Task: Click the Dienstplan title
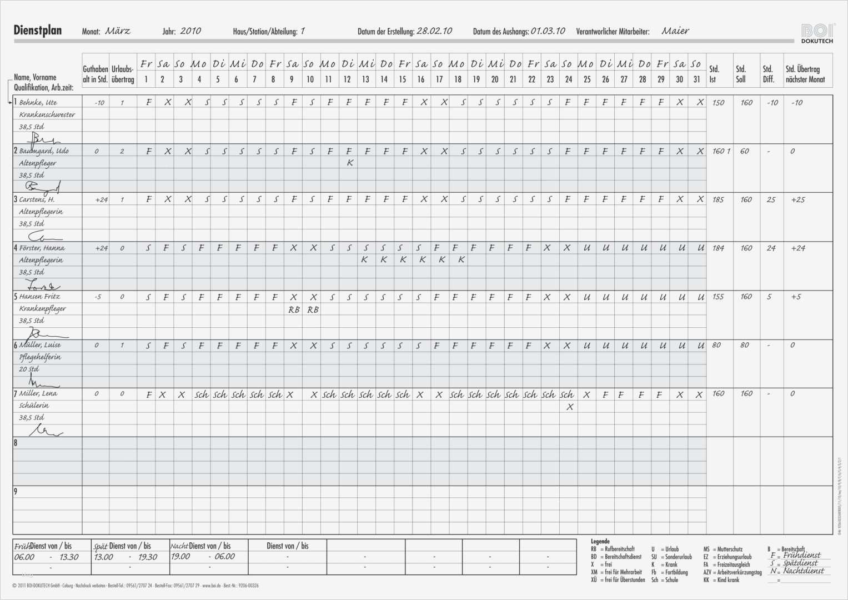37,31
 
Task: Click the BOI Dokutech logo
817,33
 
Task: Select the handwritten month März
118,31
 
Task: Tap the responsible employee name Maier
675,31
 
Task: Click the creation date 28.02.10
434,31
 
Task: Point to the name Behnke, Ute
38,102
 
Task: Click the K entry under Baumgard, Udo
349,163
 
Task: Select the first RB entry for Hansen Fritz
294,309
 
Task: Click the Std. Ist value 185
718,199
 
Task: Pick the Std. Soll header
741,74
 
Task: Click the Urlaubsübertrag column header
123,74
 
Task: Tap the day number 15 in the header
402,79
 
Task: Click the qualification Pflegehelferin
40,357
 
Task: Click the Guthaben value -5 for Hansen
98,297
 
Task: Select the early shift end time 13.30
69,557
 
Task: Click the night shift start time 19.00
180,557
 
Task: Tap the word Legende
600,541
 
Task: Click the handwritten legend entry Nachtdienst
804,571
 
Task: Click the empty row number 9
16,492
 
